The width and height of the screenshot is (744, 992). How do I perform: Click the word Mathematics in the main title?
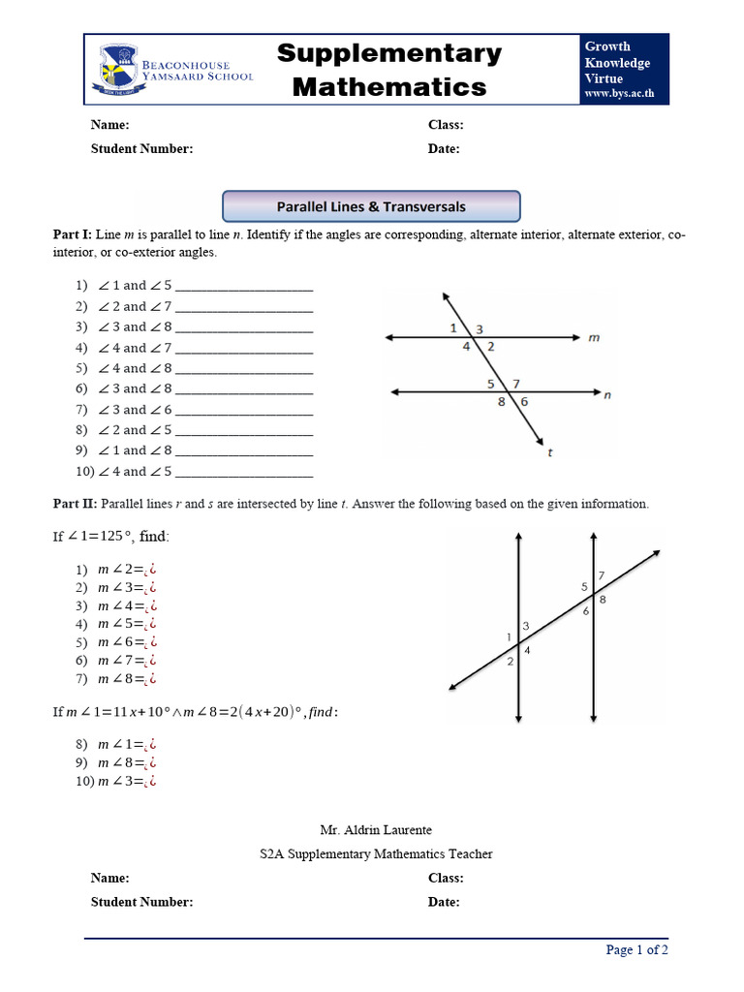pos(389,87)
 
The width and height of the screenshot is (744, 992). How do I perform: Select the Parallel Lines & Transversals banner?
pos(371,206)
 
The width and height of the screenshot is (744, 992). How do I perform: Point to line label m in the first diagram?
pos(594,338)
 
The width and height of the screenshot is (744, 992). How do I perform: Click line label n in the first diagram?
pos(606,395)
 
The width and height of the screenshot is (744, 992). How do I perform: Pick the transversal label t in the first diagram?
pos(549,451)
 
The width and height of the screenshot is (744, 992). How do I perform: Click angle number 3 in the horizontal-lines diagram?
pos(480,329)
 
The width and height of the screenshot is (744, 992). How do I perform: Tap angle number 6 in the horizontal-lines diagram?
pos(524,402)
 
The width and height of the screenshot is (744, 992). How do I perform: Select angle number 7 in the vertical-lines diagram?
pos(601,575)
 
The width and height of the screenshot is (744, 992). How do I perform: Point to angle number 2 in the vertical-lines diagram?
pos(510,661)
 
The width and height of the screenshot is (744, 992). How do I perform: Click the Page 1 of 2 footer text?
pos(636,949)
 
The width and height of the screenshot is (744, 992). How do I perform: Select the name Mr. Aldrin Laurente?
pos(376,830)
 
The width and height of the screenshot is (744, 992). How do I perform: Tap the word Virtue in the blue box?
pos(603,78)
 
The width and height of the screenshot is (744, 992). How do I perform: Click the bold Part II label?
pos(73,504)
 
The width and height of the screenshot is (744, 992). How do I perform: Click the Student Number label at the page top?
pos(141,148)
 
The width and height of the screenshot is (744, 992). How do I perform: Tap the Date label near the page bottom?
pos(444,902)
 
